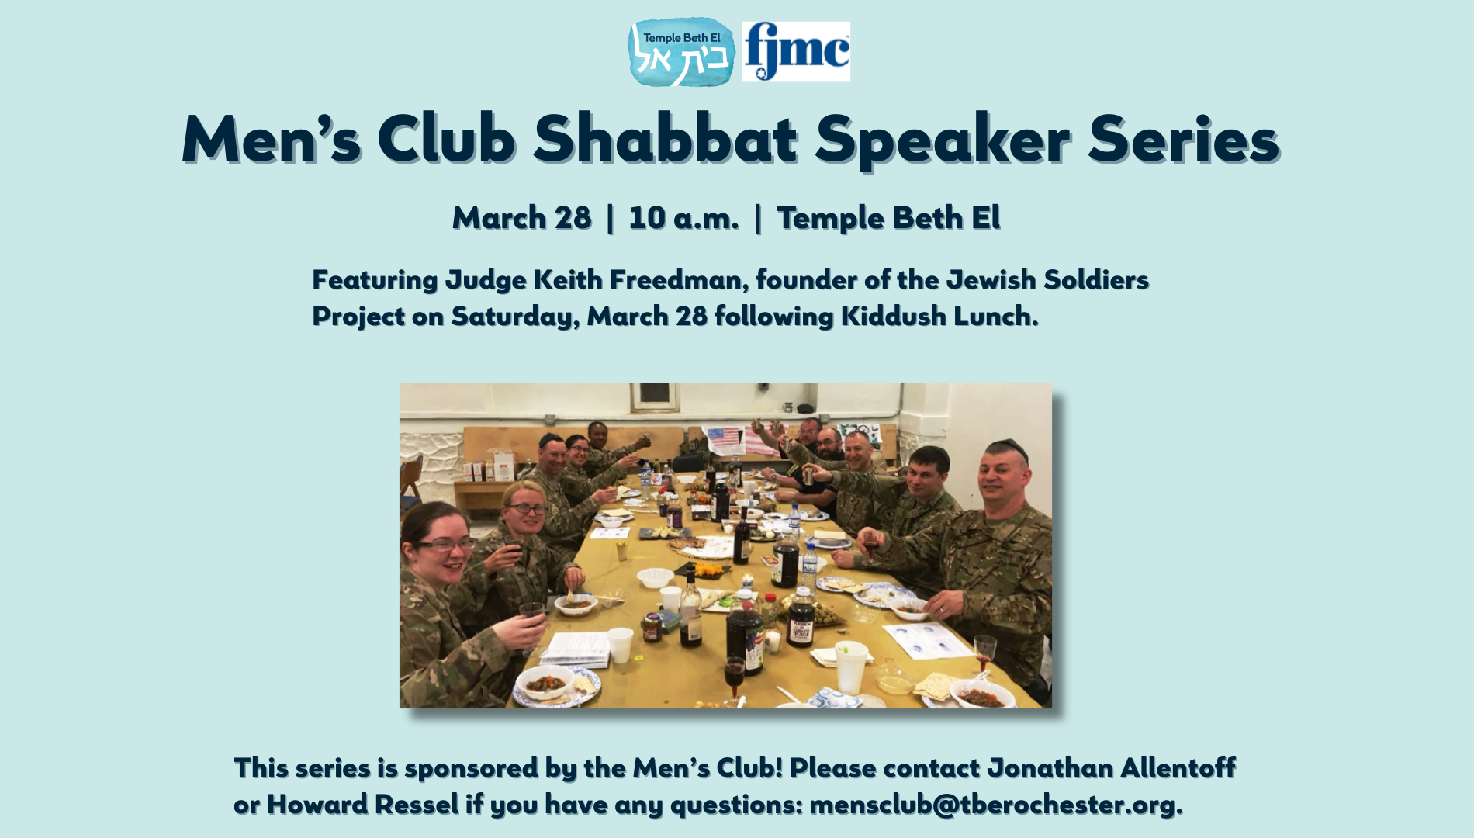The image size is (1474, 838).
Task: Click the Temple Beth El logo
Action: pos(681,51)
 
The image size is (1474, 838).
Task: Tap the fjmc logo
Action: pos(796,51)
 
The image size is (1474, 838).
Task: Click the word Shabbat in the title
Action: pos(666,140)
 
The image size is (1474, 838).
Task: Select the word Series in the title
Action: pos(1183,140)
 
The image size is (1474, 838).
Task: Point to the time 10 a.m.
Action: pos(683,218)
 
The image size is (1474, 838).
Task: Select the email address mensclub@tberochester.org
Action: pos(996,805)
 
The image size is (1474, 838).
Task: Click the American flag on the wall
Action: pos(723,440)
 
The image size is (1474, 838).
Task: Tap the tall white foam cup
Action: pos(851,667)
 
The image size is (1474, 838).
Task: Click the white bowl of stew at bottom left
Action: pos(545,683)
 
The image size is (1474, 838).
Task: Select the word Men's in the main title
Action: pos(272,140)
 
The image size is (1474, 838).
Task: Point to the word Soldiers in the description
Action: pos(1096,279)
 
